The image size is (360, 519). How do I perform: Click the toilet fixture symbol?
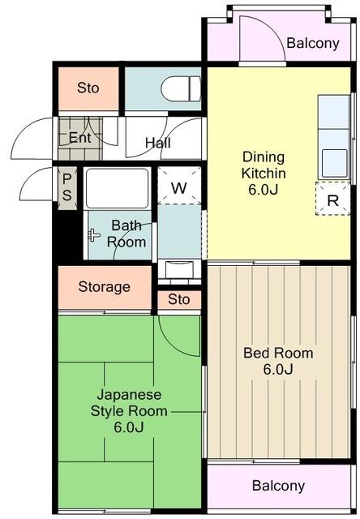click(x=181, y=88)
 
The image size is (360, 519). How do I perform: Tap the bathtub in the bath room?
click(x=117, y=188)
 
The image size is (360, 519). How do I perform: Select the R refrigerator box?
click(x=333, y=199)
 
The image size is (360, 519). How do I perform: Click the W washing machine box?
click(x=179, y=186)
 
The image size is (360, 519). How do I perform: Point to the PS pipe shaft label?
click(x=66, y=187)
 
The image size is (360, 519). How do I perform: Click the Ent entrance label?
click(x=79, y=137)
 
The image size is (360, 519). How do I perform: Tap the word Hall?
click(x=158, y=143)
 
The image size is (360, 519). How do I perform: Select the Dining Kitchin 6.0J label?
click(x=264, y=173)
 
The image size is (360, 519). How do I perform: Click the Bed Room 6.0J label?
click(x=278, y=361)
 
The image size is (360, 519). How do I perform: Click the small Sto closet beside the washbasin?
click(x=179, y=299)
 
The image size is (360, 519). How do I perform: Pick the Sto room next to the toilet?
click(x=88, y=88)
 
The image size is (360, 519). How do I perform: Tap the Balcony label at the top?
click(x=313, y=43)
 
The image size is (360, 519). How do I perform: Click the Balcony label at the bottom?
click(x=278, y=486)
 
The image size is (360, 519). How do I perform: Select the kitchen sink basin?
click(x=335, y=163)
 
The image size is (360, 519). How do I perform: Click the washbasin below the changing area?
click(x=179, y=269)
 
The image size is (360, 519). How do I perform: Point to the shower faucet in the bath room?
click(x=94, y=235)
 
